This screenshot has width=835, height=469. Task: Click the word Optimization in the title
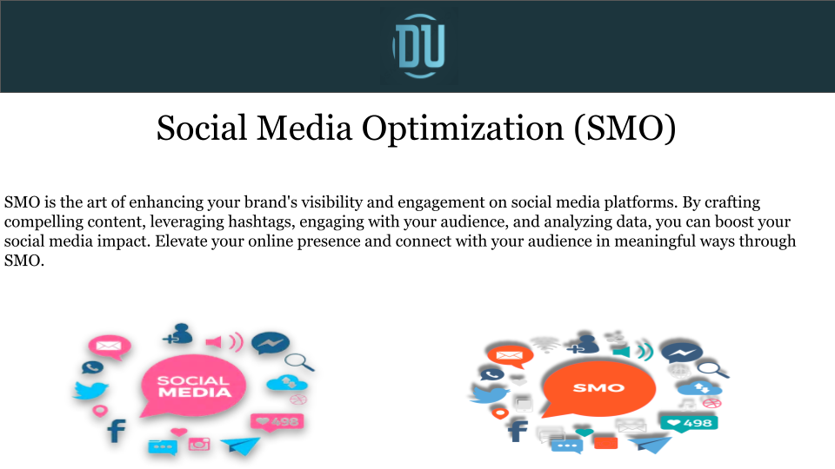tap(461, 129)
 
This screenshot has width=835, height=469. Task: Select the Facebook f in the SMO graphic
tap(517, 431)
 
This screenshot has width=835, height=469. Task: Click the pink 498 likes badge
tap(277, 422)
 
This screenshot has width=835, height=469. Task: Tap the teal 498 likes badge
tap(689, 424)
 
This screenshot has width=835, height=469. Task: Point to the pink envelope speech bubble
tap(109, 347)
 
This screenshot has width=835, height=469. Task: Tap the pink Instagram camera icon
tap(201, 443)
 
